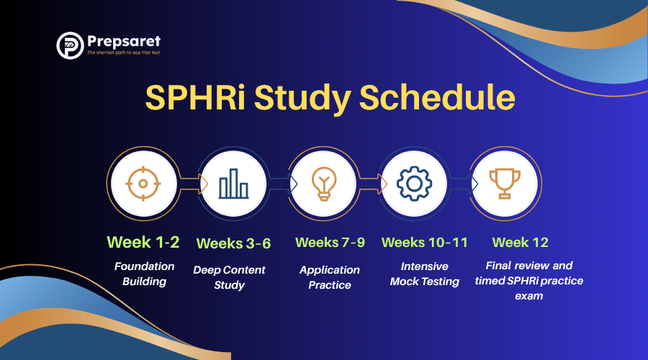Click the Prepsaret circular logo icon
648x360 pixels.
(x=70, y=45)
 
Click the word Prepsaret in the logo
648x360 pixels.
(x=124, y=41)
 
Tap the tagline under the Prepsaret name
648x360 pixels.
(x=124, y=53)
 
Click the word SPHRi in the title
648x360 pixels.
(x=195, y=98)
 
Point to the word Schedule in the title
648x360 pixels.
(x=437, y=97)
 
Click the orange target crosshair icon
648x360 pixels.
(x=143, y=184)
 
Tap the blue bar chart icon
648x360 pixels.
(x=233, y=184)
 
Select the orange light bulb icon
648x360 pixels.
(x=324, y=184)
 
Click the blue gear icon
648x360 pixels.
(x=414, y=184)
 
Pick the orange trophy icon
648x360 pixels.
(x=505, y=184)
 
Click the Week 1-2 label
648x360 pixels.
(x=143, y=242)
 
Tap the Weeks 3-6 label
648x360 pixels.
(x=233, y=243)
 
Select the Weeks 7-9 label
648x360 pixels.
(x=330, y=242)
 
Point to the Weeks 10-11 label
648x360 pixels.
(x=424, y=242)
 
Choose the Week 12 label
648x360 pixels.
(x=521, y=242)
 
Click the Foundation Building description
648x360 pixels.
(x=144, y=274)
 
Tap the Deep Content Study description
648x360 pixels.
(x=230, y=277)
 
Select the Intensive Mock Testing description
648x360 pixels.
(x=424, y=274)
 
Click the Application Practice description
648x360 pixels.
(x=330, y=277)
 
